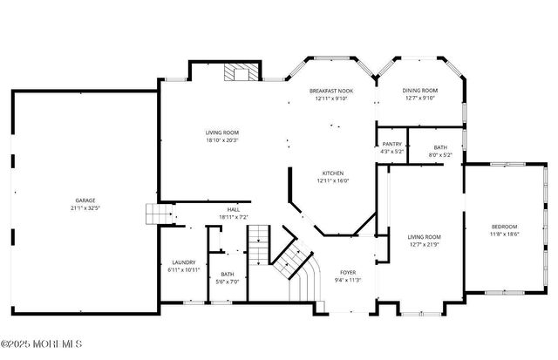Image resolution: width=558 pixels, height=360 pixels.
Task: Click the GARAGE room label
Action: (85, 201)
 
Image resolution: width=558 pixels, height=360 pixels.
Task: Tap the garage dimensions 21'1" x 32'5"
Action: (85, 208)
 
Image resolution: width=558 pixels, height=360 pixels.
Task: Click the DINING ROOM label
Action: (419, 91)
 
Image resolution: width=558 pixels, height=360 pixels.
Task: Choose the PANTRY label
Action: (391, 145)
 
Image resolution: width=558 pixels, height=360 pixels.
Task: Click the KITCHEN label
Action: (333, 173)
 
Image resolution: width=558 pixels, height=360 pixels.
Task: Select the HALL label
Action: (234, 209)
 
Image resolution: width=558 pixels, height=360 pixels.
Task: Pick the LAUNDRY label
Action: (183, 262)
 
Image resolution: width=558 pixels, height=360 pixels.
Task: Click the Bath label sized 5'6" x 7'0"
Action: (227, 274)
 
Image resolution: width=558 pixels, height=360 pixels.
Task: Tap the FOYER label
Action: (348, 272)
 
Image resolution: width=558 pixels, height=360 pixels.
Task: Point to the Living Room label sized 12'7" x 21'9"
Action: (425, 237)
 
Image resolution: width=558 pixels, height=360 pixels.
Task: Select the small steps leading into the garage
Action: (154, 214)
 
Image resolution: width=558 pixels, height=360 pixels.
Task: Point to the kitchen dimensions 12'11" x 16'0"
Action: (333, 180)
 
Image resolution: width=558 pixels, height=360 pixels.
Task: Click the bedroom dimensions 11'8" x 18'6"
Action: (505, 234)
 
